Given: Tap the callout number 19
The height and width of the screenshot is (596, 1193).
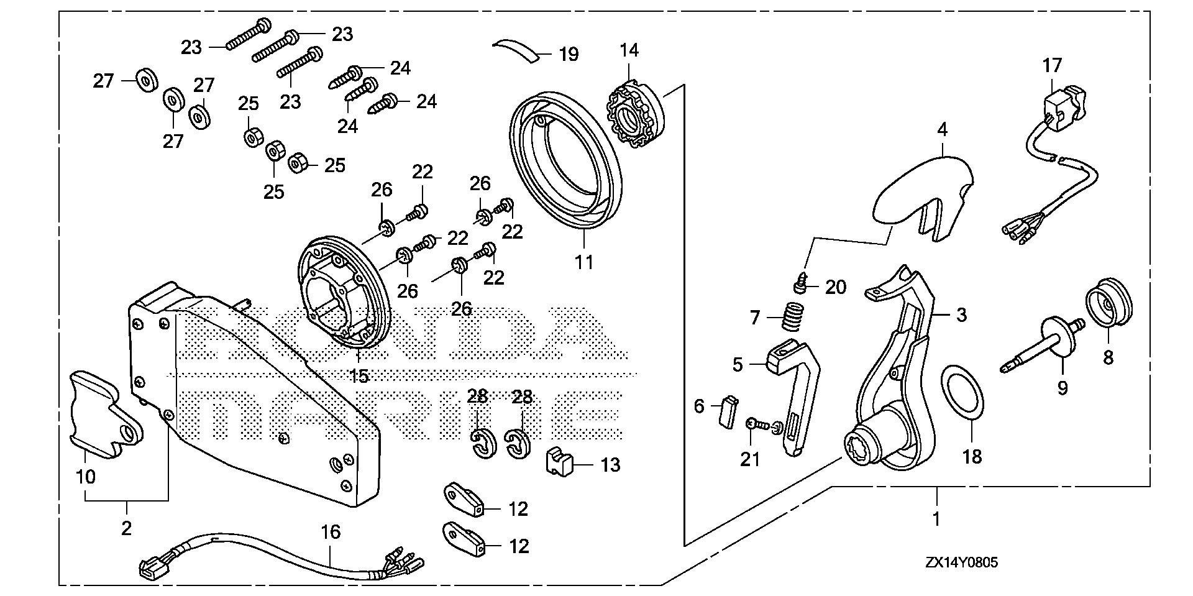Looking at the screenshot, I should (569, 55).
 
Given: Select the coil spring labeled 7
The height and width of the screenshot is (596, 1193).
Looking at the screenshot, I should (790, 317).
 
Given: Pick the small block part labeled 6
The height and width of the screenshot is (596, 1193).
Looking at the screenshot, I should (726, 410).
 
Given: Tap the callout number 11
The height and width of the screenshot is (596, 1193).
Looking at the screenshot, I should (584, 262).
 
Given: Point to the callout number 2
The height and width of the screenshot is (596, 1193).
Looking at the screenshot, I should (127, 528).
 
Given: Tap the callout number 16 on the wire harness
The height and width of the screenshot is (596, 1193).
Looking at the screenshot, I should (331, 532).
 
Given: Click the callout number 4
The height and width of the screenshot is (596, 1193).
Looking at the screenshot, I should (943, 131).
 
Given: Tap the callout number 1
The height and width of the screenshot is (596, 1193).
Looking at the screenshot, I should (936, 518).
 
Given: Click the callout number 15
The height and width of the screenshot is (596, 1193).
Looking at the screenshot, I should (360, 375).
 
